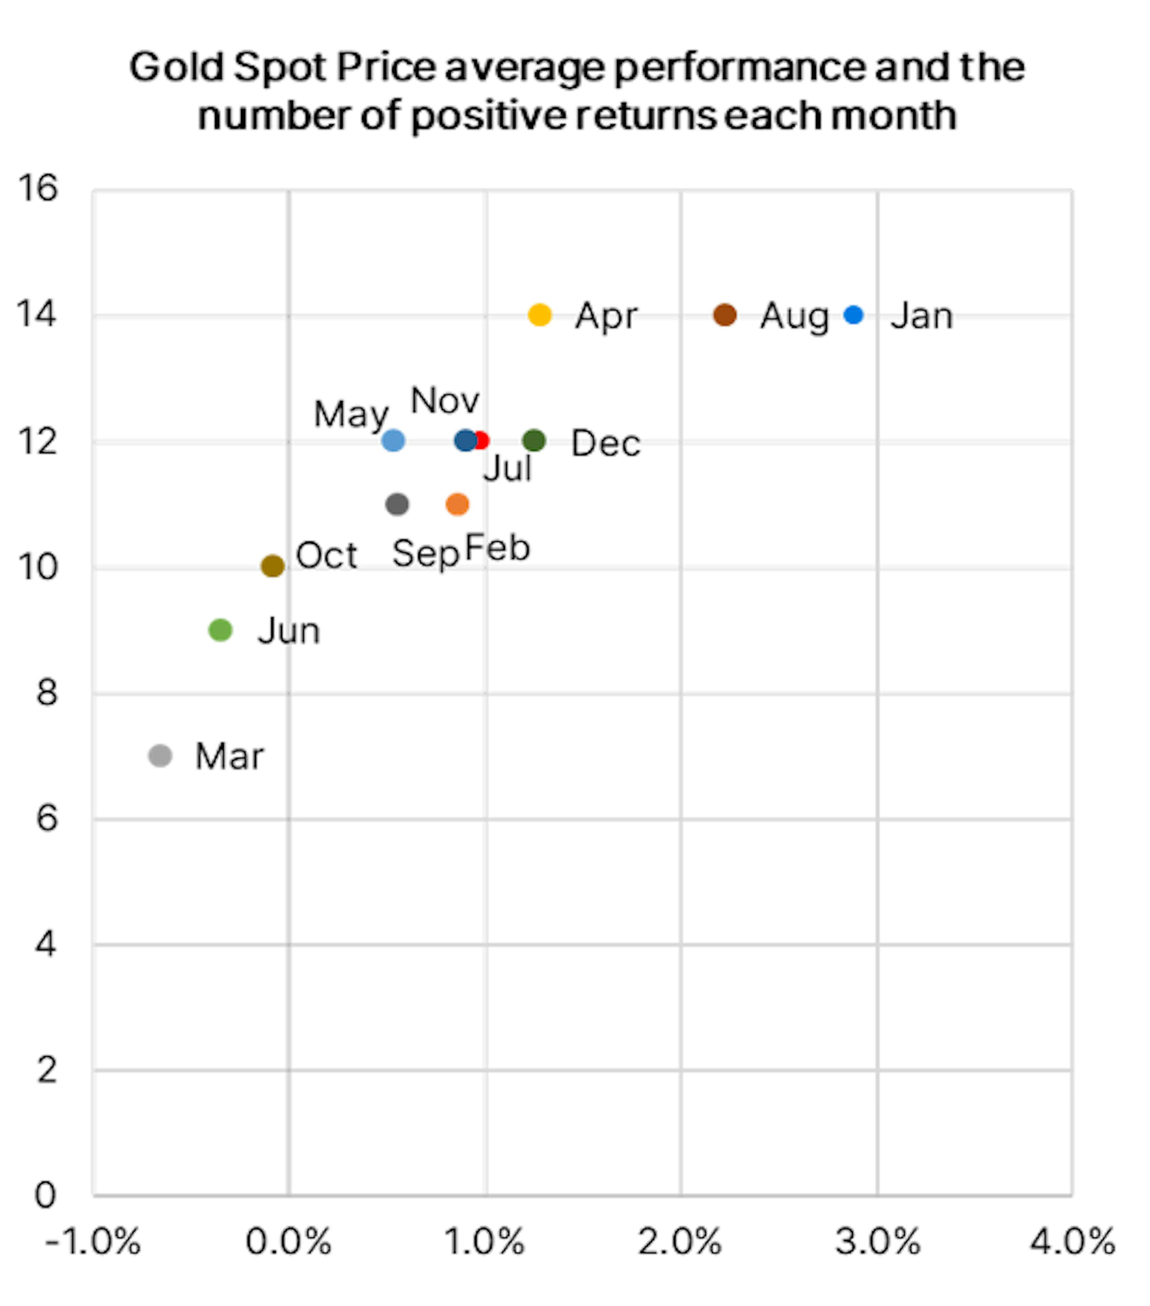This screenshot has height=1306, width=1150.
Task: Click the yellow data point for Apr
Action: [x=540, y=315]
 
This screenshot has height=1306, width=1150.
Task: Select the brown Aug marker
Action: [x=724, y=315]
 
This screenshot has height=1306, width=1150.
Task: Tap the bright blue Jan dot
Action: [x=854, y=315]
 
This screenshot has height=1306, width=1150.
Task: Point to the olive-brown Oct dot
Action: [x=273, y=566]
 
